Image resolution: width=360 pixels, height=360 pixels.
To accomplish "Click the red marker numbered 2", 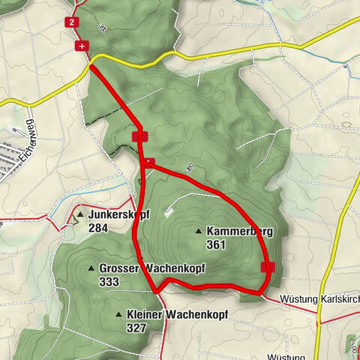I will [72, 22].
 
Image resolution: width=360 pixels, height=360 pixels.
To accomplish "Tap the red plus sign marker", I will [80, 46].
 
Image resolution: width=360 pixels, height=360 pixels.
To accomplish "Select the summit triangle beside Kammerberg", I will [198, 231].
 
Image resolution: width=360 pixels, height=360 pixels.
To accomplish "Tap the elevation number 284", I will [97, 227].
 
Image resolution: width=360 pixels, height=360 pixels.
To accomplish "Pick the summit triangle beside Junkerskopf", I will [80, 215].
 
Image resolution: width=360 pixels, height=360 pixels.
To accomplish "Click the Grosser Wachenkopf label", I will [151, 268].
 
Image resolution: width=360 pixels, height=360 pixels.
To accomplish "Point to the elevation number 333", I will [109, 280].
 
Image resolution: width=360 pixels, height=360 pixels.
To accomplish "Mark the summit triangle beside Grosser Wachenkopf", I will [91, 268].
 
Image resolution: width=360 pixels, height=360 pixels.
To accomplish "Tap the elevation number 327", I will [136, 327].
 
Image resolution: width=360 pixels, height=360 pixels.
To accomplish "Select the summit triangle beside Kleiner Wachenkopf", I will [119, 314].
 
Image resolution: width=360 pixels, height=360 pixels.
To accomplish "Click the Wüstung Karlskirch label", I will [319, 299].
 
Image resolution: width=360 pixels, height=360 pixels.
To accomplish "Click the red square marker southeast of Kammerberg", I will [268, 267].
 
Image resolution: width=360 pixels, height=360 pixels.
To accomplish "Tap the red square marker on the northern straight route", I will [140, 136].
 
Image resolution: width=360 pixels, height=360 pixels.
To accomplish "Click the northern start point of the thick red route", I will [91, 67].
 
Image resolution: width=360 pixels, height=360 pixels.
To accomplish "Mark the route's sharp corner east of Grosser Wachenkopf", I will [156, 290].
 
